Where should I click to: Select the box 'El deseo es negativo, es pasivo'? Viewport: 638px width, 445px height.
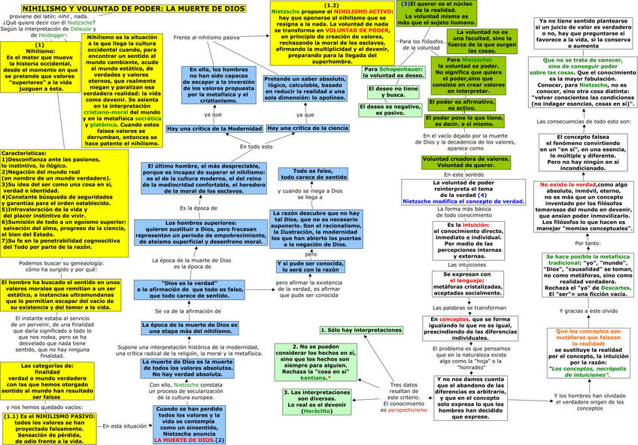[392, 110]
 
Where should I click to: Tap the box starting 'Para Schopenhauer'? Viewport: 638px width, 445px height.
[393, 73]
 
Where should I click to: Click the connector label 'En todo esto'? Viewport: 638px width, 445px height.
[256, 147]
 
